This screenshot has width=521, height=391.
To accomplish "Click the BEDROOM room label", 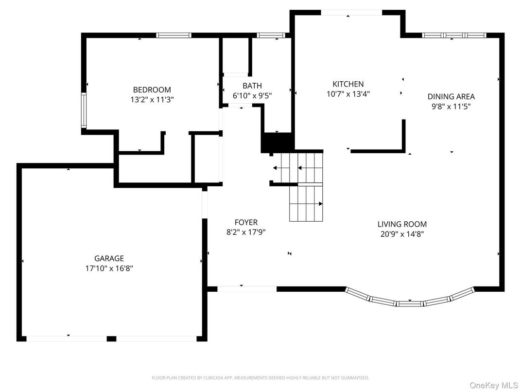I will point(152,89).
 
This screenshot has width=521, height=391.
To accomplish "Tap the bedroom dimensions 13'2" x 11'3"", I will point(152,99).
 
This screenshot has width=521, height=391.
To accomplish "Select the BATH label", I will point(252,86).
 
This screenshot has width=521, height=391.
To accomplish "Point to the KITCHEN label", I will point(348,84).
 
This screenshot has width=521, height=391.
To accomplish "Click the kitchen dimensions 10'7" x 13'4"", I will point(348,94).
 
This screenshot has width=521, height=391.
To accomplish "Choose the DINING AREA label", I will point(451,96).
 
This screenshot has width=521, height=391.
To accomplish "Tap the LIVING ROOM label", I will point(402,224).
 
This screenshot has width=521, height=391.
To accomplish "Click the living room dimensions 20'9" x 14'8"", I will point(402,234).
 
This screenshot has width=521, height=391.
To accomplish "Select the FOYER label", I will point(246,222).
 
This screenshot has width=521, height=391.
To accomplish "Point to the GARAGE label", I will point(109,258).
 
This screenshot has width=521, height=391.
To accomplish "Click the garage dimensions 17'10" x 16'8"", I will point(109,268).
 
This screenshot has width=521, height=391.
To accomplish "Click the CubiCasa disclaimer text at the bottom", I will point(260,377).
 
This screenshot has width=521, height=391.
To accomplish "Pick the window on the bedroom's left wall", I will point(84,110).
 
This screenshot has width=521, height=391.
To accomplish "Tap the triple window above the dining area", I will point(453,35).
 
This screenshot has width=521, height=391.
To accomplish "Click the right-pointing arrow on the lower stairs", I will point(320,203).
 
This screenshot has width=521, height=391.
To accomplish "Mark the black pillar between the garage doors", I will point(111,338).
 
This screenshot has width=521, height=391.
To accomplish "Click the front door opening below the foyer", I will point(246,288).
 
